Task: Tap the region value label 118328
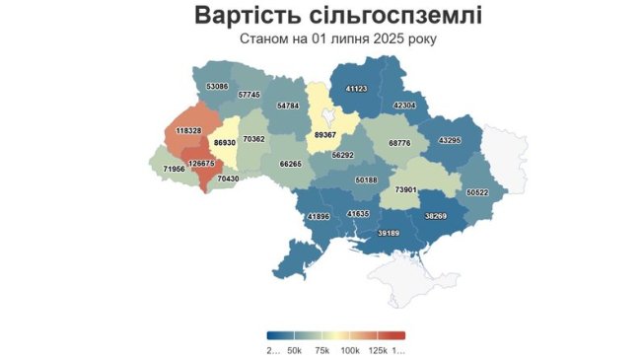(188, 130)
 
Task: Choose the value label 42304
(404, 105)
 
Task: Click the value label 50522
(477, 192)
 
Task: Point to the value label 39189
(389, 233)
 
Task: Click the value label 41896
(318, 216)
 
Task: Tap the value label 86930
(224, 143)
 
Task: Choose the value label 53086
(217, 87)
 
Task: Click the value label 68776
(399, 143)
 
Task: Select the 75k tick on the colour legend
(320, 350)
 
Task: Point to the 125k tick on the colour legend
(376, 350)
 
